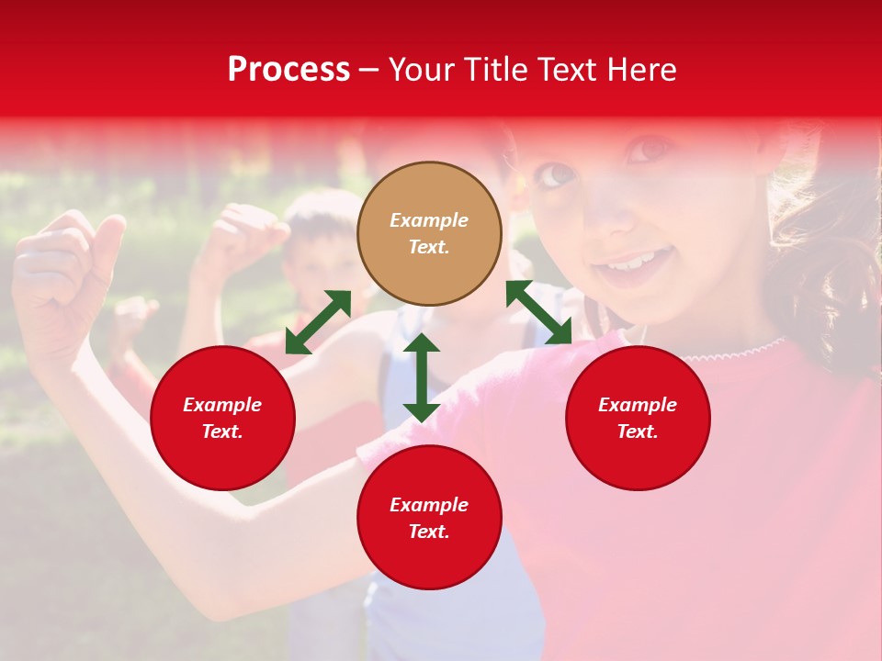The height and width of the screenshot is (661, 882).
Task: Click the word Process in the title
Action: click(288, 70)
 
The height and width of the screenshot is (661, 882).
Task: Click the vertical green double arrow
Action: click(421, 377)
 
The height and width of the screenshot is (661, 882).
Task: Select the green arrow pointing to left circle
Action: click(318, 322)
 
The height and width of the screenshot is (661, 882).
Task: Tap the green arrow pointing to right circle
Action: click(539, 312)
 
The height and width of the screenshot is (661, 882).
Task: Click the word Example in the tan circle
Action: click(429, 220)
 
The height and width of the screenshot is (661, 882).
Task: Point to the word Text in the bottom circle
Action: click(428, 532)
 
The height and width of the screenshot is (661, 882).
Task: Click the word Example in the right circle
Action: click(638, 405)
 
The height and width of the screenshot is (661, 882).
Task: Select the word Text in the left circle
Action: click(222, 431)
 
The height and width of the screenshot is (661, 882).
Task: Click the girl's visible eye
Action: click(554, 174)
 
